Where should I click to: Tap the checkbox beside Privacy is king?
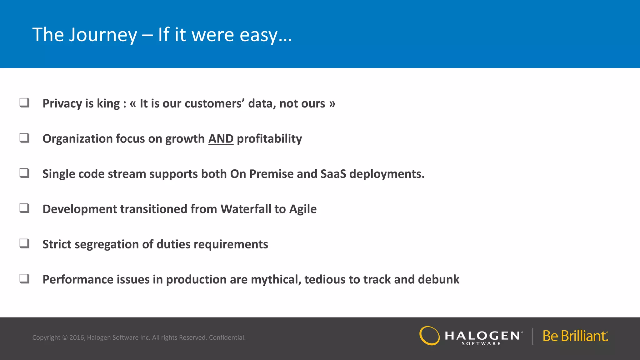point(24,102)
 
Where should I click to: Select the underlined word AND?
point(221,139)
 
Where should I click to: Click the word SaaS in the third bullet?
point(333,174)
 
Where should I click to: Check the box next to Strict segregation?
point(24,243)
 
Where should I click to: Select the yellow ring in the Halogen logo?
point(429,336)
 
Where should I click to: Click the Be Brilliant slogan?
point(575,336)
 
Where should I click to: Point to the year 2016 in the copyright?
point(77,337)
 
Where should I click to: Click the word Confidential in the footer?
point(227,337)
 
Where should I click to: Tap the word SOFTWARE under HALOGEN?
point(481,343)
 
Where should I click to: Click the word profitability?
point(269,139)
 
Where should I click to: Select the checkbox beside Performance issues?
point(24,278)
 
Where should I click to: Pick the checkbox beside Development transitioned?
point(24,208)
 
